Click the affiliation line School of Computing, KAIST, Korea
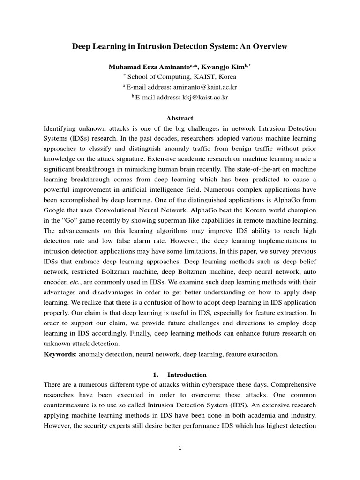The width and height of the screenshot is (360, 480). coord(182,77)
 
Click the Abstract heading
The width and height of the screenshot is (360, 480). coord(180,118)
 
